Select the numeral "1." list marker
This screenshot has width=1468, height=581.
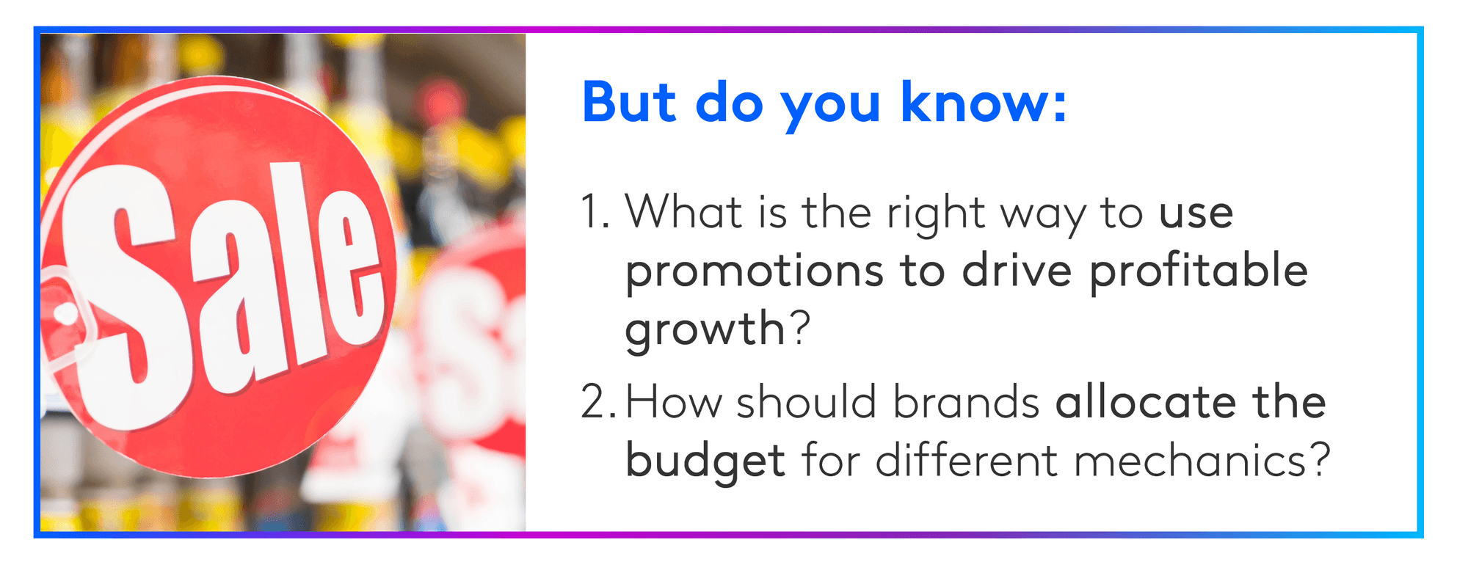(595, 213)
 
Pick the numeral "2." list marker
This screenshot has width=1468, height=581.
(600, 403)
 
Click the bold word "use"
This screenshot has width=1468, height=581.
(1196, 214)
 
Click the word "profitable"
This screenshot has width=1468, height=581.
(1198, 269)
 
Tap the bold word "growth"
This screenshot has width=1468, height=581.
(705, 329)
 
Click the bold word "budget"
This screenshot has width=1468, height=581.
(705, 461)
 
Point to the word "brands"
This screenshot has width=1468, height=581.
(966, 403)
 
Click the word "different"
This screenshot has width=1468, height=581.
(967, 461)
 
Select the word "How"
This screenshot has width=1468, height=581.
(673, 403)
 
